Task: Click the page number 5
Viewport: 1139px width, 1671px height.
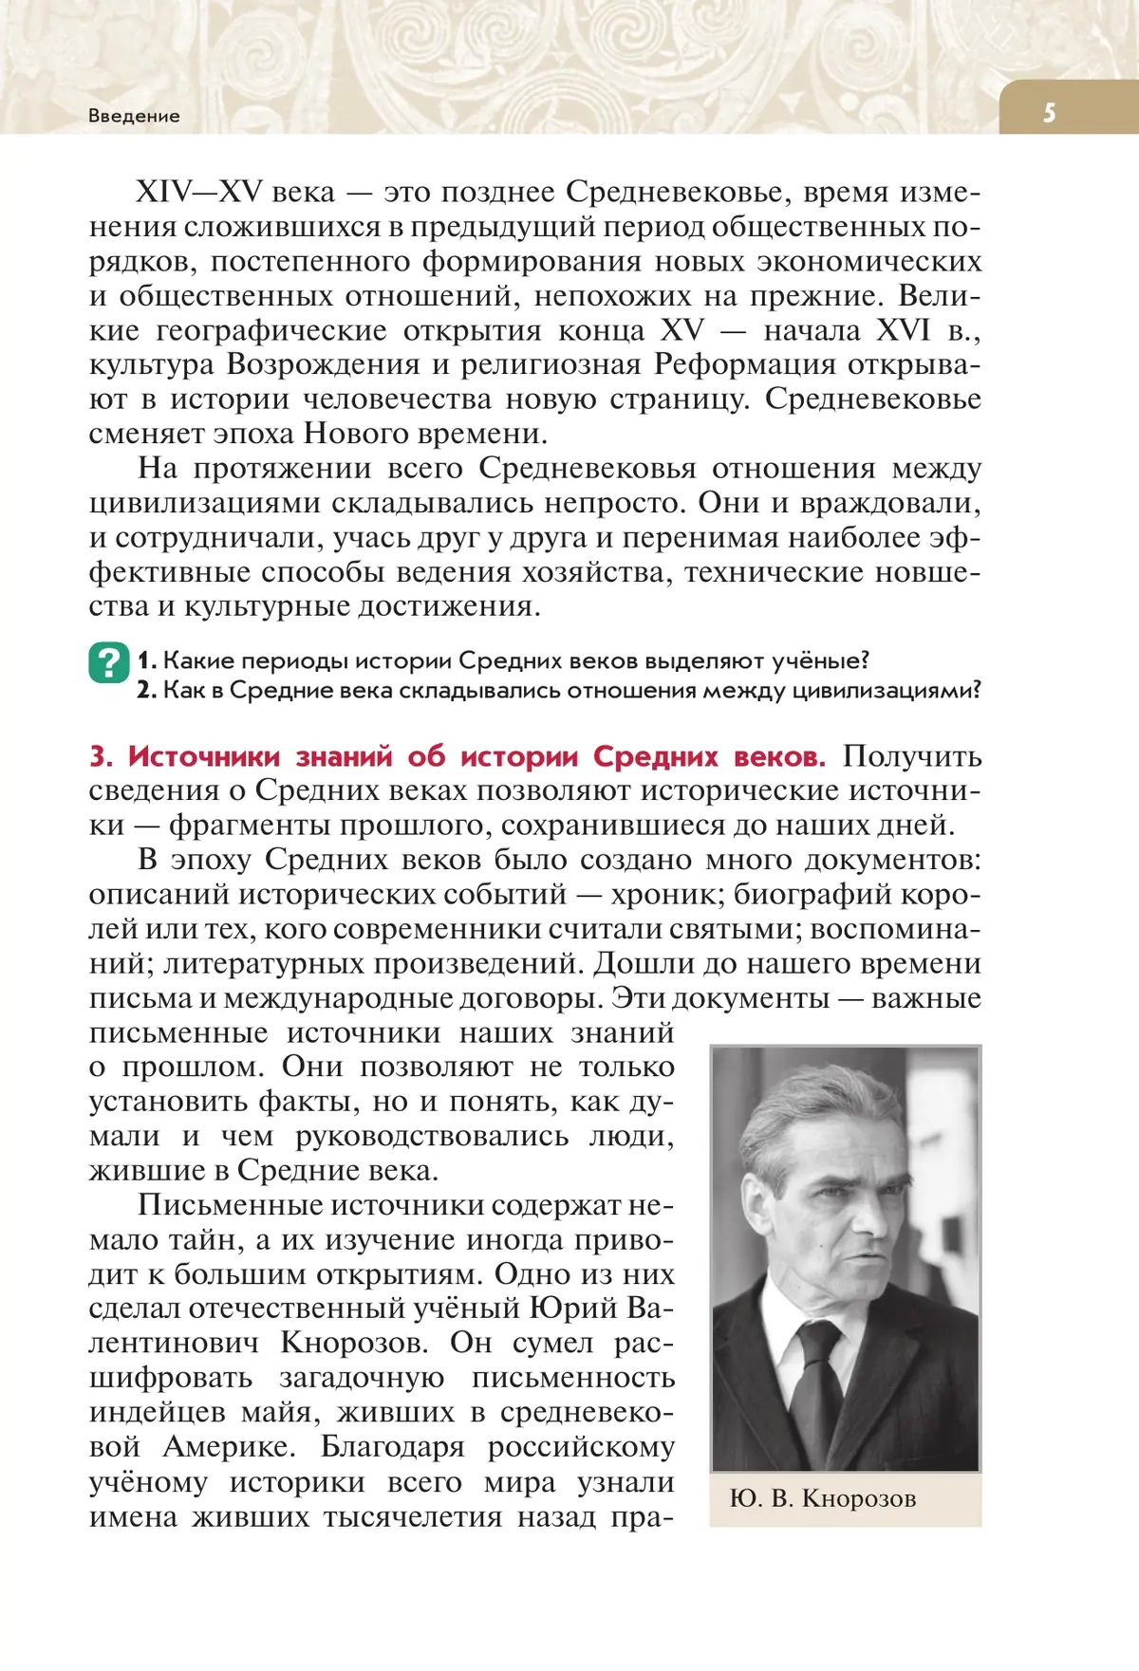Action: (x=1049, y=113)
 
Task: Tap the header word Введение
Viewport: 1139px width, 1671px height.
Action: (x=134, y=116)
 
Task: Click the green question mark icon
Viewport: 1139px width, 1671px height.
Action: (x=109, y=662)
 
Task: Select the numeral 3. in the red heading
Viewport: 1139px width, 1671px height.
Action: (x=101, y=756)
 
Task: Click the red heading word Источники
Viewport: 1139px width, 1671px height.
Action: (x=204, y=756)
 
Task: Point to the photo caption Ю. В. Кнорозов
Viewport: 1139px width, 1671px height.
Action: (x=822, y=1498)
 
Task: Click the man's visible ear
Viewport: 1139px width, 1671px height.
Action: (x=759, y=1205)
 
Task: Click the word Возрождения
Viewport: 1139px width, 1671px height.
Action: (x=323, y=364)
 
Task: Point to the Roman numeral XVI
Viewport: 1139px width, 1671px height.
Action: (x=903, y=330)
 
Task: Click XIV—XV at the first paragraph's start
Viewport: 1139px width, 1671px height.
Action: (x=198, y=193)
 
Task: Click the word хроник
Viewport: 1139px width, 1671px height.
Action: (x=663, y=894)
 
